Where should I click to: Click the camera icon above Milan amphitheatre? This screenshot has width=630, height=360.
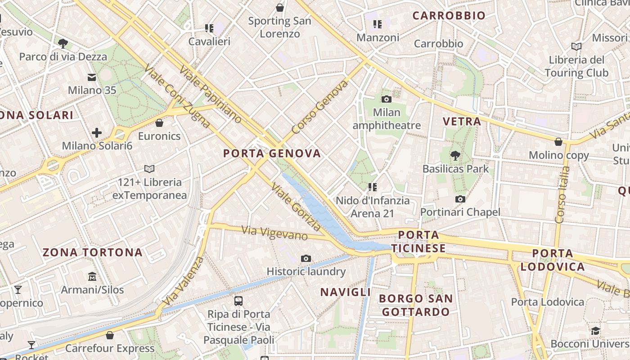tap(386, 99)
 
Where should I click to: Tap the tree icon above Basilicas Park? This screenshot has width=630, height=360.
tap(455, 156)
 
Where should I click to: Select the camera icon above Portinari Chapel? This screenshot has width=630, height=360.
tap(460, 199)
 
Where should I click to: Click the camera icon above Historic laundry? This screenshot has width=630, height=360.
tap(306, 258)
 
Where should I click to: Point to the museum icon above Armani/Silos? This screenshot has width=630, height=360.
tap(92, 276)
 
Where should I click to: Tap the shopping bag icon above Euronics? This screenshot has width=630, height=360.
tap(159, 122)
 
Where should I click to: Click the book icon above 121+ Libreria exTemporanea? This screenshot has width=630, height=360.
tap(149, 169)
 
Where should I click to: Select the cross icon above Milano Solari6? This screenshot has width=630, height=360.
tap(96, 132)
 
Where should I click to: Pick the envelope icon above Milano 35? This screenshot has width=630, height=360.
tap(92, 77)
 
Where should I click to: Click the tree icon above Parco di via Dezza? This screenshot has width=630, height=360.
tap(63, 43)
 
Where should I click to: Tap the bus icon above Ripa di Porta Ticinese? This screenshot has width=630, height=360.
tap(238, 301)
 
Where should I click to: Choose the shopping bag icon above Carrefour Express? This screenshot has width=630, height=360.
tap(110, 335)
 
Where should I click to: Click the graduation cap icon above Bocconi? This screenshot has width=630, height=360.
tap(596, 331)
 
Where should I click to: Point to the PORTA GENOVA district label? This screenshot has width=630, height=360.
tap(272, 153)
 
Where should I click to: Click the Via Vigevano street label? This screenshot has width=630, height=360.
tap(274, 233)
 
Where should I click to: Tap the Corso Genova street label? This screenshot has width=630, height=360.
tap(319, 107)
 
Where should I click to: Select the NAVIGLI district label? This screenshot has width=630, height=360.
tap(346, 292)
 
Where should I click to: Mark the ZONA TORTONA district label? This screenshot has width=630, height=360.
tap(93, 252)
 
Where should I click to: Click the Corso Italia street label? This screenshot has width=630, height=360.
tap(562, 195)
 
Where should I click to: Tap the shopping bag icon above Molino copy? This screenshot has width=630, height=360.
tap(558, 142)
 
